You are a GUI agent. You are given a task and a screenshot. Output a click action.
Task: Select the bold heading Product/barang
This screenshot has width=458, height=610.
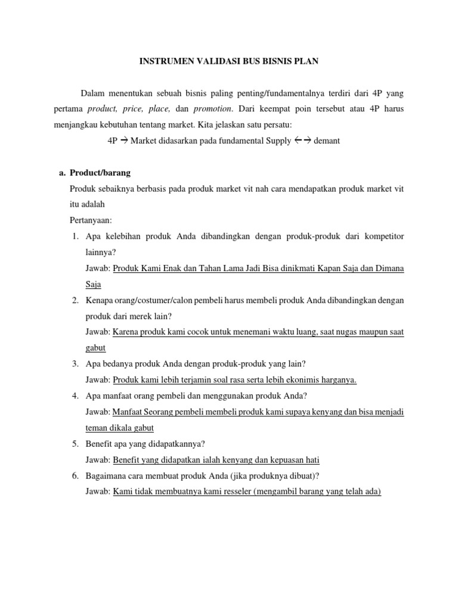tap(100, 173)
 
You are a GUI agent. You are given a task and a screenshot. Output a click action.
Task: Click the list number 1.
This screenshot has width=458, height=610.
tap(75, 236)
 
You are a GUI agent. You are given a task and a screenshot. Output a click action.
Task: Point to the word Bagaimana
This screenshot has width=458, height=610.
tap(107, 475)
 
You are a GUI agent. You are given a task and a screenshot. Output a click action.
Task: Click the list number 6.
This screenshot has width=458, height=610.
tap(75, 475)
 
